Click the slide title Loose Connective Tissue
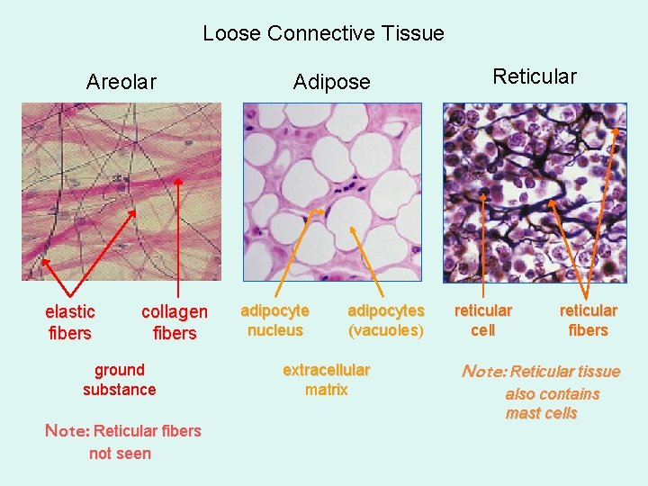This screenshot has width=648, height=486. click(x=323, y=34)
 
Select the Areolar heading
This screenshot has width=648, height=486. click(x=121, y=82)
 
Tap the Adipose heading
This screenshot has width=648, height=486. click(x=331, y=82)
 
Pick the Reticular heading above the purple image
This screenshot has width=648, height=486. click(x=535, y=76)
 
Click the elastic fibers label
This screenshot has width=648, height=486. click(x=69, y=322)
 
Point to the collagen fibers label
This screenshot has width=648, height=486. click(x=175, y=322)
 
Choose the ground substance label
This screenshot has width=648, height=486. click(x=119, y=380)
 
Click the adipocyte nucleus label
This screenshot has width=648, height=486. click(x=274, y=320)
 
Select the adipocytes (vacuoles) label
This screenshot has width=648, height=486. click(x=386, y=320)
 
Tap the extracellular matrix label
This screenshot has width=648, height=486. click(x=326, y=380)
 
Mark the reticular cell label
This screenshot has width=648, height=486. click(x=483, y=320)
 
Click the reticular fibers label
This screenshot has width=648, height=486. click(x=589, y=320)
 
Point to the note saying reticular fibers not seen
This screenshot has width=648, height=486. click(x=122, y=442)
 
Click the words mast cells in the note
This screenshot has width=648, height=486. click(x=542, y=414)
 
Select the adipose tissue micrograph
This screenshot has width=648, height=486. click(x=332, y=191)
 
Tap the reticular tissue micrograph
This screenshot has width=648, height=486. click(x=534, y=191)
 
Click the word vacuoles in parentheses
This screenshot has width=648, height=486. click(x=386, y=330)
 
